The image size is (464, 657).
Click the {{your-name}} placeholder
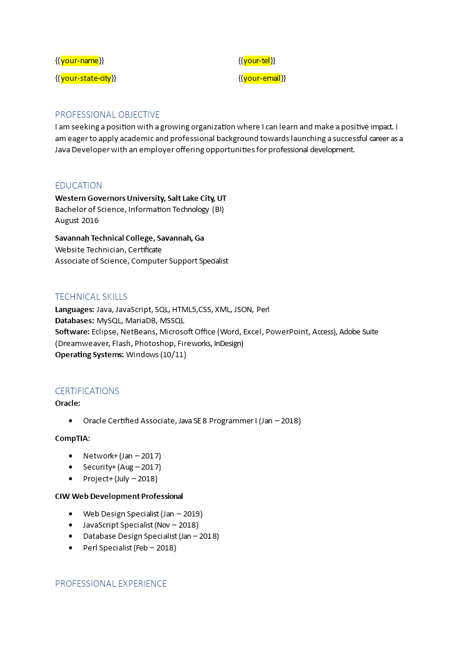click(80, 61)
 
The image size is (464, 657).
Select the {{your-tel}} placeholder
click(257, 61)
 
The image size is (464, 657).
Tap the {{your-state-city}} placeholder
click(85, 78)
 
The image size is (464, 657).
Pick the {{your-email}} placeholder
click(262, 78)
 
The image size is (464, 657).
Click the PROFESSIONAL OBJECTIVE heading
click(107, 115)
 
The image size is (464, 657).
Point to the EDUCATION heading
click(78, 186)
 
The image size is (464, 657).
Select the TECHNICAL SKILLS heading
click(91, 297)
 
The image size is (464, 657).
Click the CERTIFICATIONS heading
click(87, 391)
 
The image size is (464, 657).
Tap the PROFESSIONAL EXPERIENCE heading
click(111, 584)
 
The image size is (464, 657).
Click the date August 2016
click(77, 221)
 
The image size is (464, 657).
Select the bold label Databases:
click(74, 321)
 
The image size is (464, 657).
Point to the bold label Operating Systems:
click(89, 355)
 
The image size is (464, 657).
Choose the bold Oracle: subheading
click(67, 403)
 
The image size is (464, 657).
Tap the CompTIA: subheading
click(73, 438)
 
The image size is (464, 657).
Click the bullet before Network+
click(70, 456)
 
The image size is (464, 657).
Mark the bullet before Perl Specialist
click(70, 548)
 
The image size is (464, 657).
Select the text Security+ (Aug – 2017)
click(122, 467)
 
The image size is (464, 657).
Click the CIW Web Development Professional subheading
click(119, 497)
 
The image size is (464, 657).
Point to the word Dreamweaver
click(81, 344)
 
